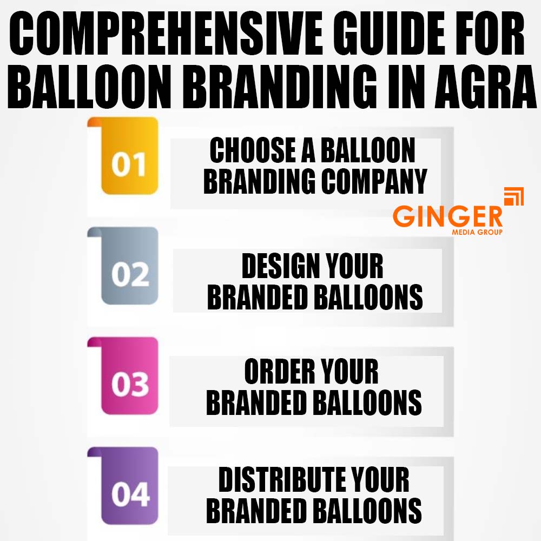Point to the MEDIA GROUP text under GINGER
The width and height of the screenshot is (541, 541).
click(477, 233)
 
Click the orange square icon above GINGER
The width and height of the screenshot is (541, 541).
click(513, 197)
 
